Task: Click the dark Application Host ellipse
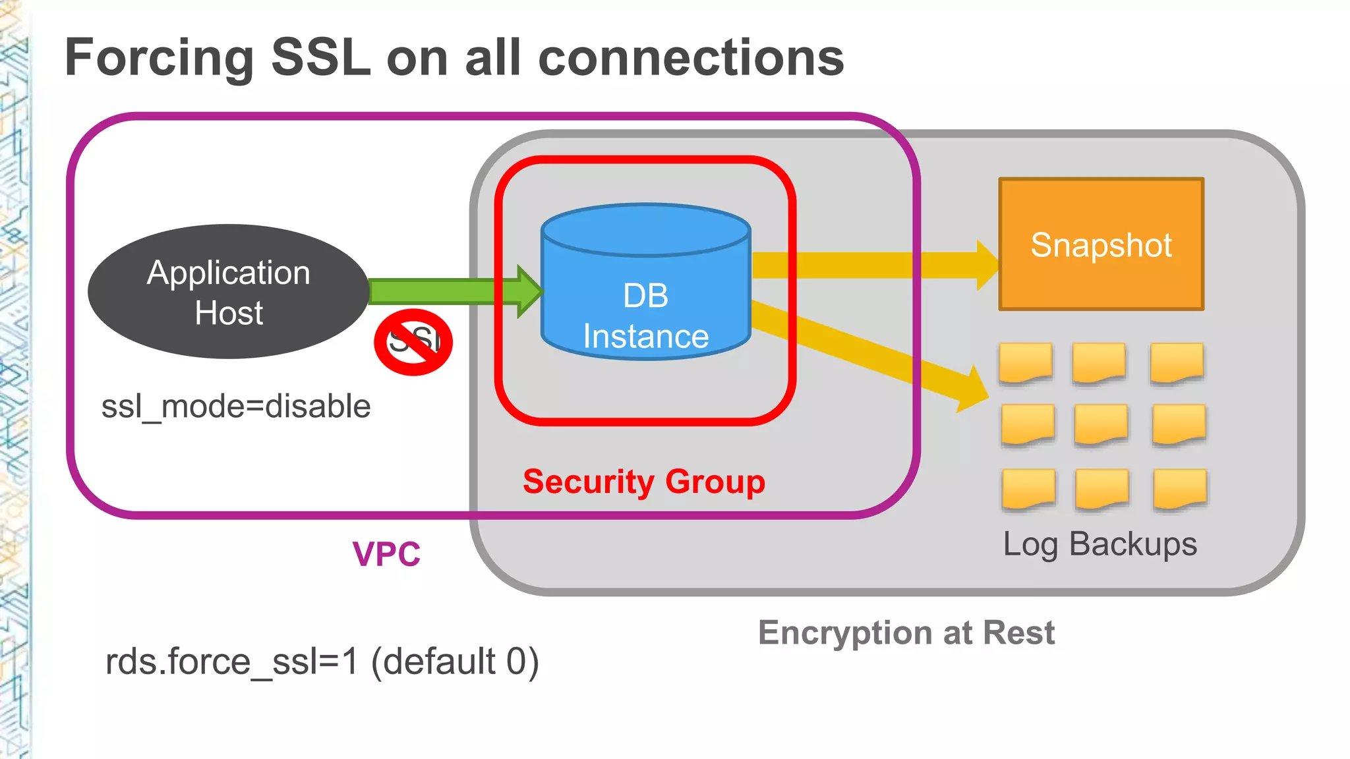[228, 292]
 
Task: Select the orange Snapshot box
[1101, 244]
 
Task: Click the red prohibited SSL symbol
[413, 342]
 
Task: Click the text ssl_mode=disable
[235, 406]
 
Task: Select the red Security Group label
[643, 482]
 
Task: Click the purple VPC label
[386, 554]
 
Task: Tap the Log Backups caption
[1100, 544]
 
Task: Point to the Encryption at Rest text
[906, 632]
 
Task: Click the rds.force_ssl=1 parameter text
[232, 661]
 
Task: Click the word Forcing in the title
[159, 58]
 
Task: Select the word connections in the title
[691, 58]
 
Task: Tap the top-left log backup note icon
[1025, 362]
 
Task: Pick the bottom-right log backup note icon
[1180, 489]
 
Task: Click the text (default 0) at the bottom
[455, 661]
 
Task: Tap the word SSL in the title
[321, 58]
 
